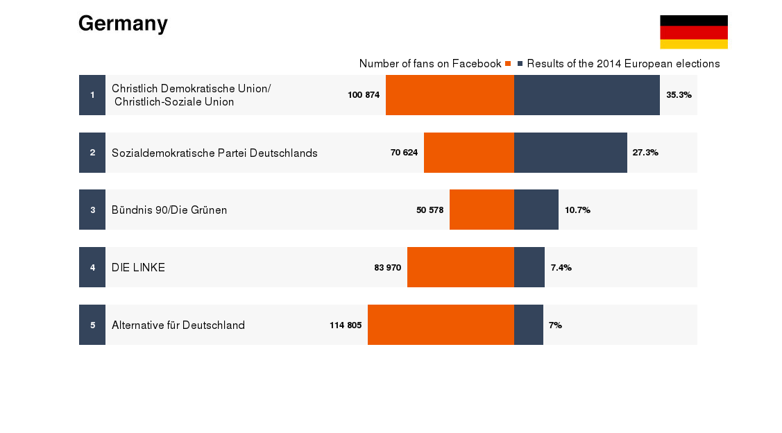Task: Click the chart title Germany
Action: (123, 24)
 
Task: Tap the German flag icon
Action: (693, 32)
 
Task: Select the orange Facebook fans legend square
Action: (508, 64)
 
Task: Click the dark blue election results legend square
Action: (520, 64)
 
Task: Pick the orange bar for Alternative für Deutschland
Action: (441, 325)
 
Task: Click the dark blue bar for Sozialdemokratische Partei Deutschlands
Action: (570, 153)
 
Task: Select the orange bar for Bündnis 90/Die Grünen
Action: (482, 210)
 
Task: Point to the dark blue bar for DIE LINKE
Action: (529, 267)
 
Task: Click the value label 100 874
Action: (364, 95)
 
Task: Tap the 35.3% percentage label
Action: (679, 95)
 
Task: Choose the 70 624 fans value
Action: (404, 153)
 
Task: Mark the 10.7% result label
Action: (577, 210)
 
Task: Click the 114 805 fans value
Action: (346, 325)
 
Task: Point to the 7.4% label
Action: (561, 267)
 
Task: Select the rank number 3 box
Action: (92, 210)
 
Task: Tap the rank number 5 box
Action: (92, 325)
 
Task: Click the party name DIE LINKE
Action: (138, 267)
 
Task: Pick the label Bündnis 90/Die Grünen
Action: (169, 210)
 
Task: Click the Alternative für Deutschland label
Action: (178, 325)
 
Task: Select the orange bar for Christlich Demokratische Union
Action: (450, 95)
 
